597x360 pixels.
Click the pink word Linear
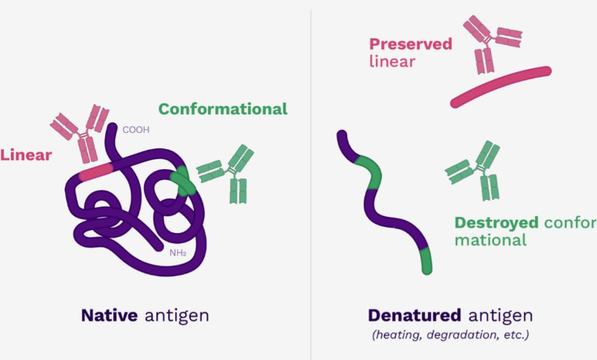(26, 155)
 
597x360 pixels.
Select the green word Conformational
(222, 109)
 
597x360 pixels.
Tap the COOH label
(136, 130)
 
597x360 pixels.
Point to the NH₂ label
(178, 253)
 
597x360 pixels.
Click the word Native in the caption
(109, 315)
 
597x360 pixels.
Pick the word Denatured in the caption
(414, 315)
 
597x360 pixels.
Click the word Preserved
(410, 44)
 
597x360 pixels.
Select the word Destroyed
(496, 223)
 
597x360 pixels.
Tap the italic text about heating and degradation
(450, 335)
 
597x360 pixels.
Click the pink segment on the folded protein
(96, 172)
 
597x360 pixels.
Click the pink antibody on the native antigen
(81, 134)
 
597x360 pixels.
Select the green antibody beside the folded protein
(226, 173)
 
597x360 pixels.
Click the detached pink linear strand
(501, 87)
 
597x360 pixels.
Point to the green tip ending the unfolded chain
(426, 261)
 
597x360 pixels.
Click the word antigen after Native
(177, 316)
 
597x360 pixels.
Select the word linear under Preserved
(392, 61)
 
